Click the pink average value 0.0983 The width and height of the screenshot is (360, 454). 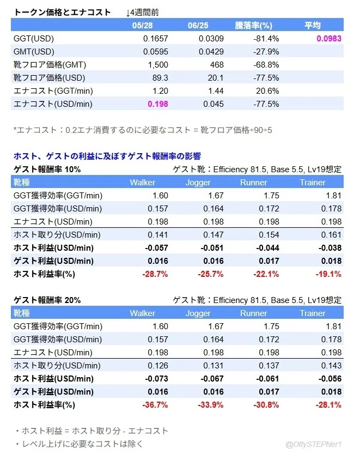(329, 39)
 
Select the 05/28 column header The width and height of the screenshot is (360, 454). (142, 26)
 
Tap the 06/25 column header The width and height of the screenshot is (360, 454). (198, 26)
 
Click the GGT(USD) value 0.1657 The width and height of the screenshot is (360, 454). (156, 39)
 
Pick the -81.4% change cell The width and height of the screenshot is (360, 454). (266, 39)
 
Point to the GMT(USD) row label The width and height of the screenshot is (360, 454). (34, 52)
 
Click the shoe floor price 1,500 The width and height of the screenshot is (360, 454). (158, 64)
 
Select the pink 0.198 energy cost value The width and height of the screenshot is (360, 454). (158, 104)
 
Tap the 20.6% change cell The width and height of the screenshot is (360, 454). (267, 91)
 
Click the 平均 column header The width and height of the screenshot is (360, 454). (313, 26)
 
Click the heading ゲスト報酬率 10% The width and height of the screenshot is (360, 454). (47, 170)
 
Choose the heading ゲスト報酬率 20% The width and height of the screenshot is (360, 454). (47, 300)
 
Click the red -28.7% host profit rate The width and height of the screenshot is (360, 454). (155, 274)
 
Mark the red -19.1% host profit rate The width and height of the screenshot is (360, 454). (328, 274)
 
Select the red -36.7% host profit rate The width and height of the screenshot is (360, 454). (155, 405)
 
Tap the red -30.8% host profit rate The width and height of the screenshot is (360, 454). (266, 405)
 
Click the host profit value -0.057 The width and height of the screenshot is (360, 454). (156, 248)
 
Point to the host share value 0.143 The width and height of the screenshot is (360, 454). (331, 365)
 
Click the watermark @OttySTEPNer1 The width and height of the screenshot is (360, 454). (314, 444)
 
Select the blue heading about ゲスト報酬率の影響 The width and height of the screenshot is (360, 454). (107, 156)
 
